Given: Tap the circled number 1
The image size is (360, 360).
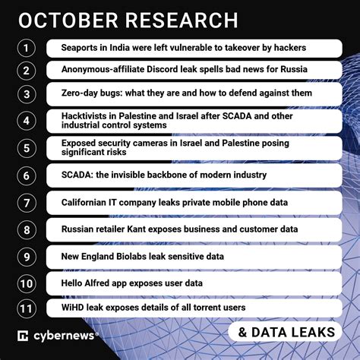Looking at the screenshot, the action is click(27, 48).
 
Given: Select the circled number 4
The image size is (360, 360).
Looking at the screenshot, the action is click(27, 121).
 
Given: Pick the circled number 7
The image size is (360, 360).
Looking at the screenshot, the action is click(27, 203).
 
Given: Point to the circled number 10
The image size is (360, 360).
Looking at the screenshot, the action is click(27, 283).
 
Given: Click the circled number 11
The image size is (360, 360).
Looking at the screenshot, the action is click(27, 308).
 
